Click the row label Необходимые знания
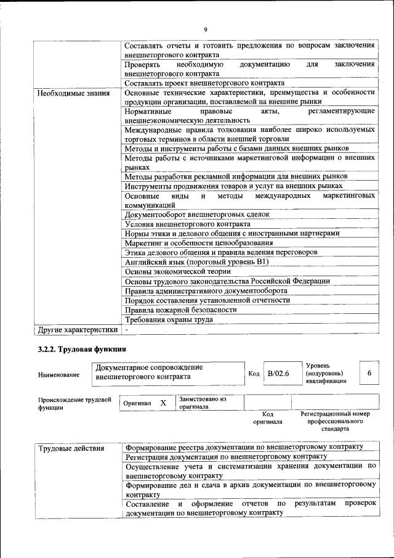coord(73,93)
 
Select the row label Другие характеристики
coord(77,329)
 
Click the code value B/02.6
coord(279,374)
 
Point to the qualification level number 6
coord(369,373)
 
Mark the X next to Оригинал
coord(163,403)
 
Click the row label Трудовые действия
coord(71,448)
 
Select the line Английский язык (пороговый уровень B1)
coord(195,261)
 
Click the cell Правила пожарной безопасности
coord(180,310)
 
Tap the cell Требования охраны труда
coord(169,319)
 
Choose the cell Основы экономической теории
coord(177,271)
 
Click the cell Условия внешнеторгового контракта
coord(187,223)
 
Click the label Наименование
coord(58,374)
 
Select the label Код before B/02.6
coord(254,374)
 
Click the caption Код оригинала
coord(267,418)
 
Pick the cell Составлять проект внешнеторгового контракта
coord(204,83)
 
